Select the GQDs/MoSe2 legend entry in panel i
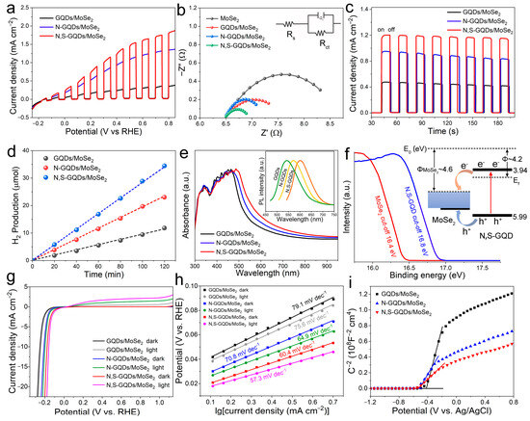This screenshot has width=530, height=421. [414, 292]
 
